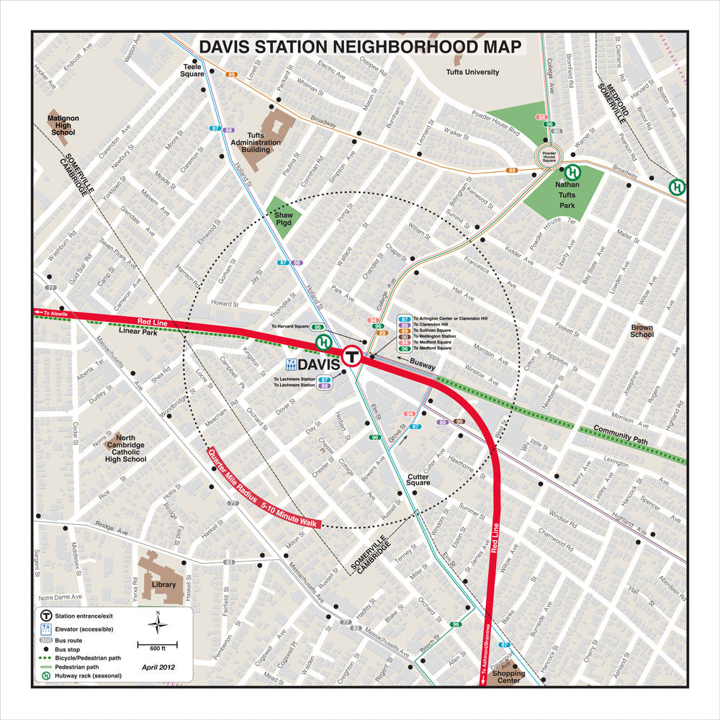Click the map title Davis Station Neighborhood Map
click(x=359, y=47)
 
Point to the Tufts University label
click(x=472, y=72)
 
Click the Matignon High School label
click(x=63, y=125)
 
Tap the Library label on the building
click(x=163, y=585)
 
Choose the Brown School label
click(x=642, y=330)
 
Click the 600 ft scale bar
click(x=153, y=643)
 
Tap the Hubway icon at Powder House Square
click(x=573, y=172)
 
